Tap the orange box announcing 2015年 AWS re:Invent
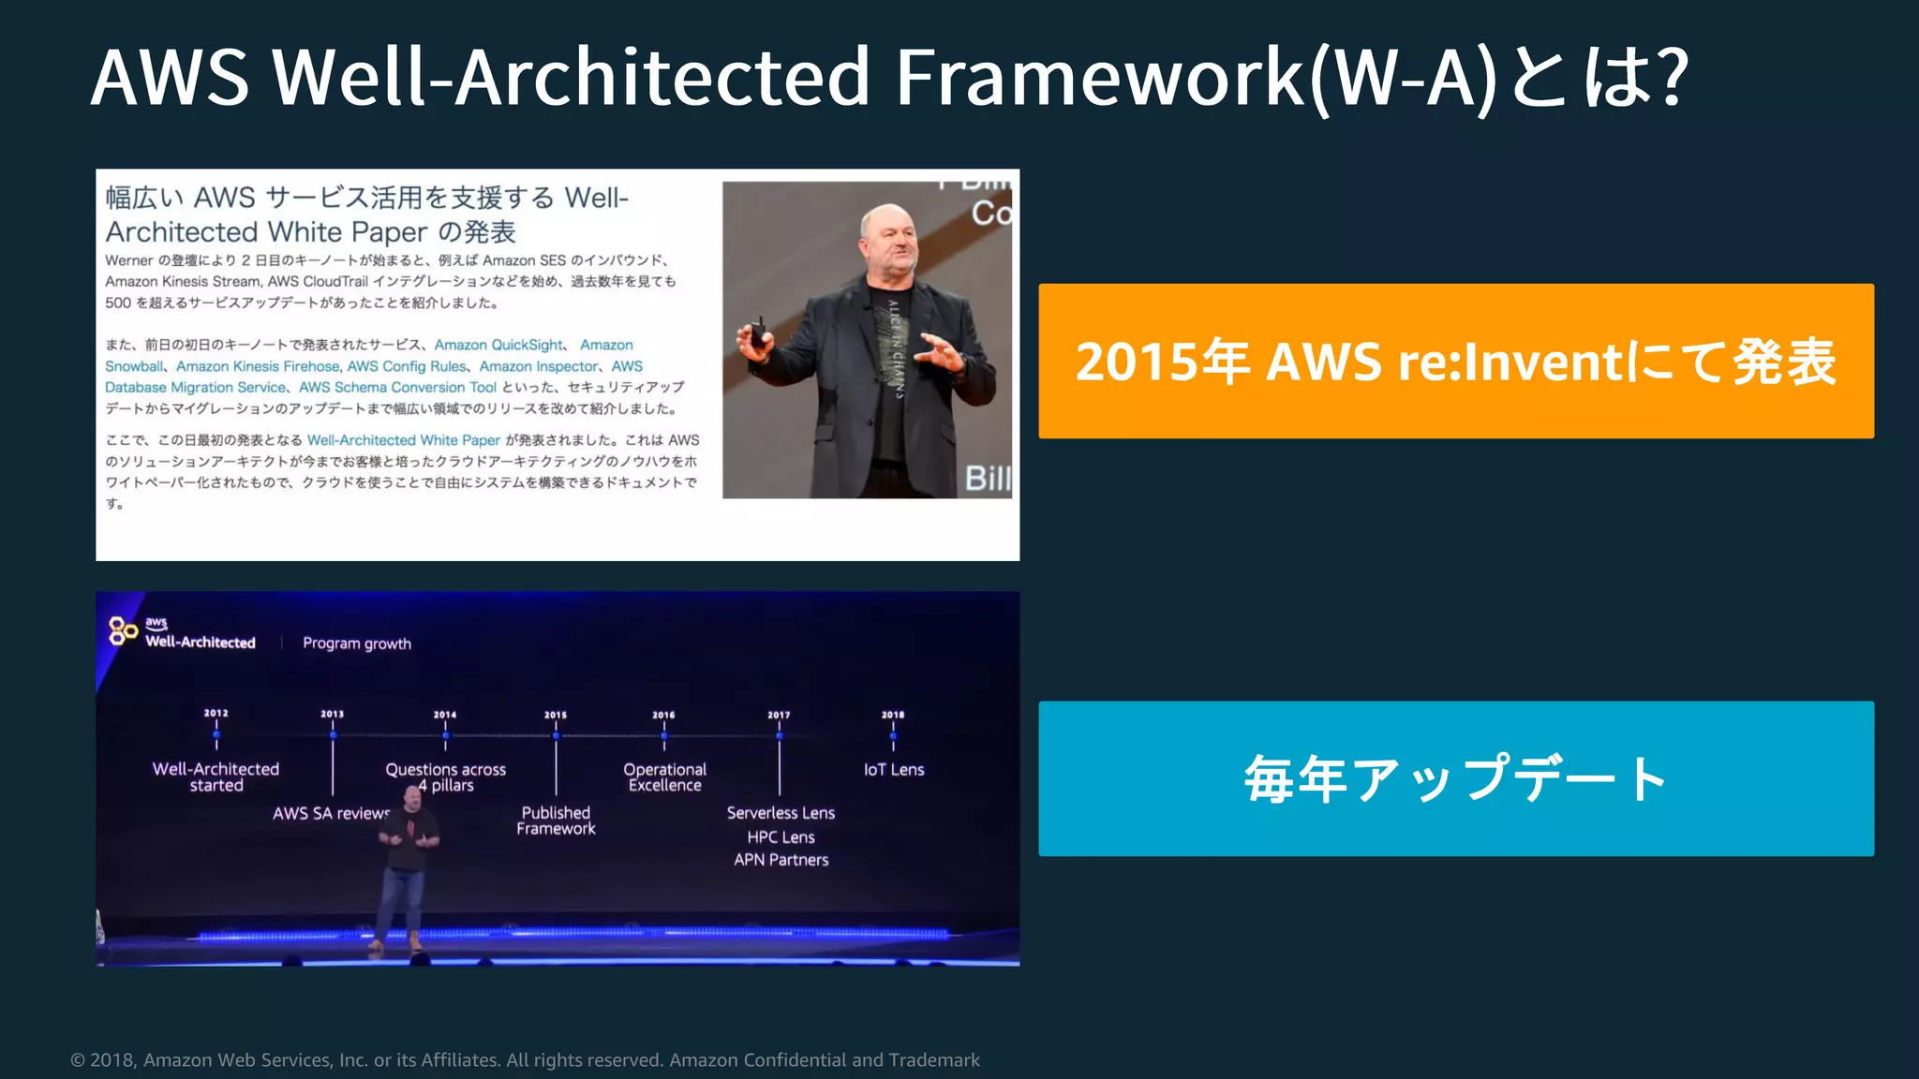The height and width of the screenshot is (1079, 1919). tap(1455, 362)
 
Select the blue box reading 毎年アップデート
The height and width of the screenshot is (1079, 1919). tap(1455, 778)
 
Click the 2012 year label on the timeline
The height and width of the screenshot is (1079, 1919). tap(216, 714)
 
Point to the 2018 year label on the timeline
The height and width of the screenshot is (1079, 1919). tap(893, 715)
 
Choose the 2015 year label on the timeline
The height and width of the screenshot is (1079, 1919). tap(556, 715)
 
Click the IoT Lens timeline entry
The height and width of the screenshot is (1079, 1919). tap(894, 770)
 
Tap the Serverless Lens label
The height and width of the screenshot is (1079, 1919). tap(781, 813)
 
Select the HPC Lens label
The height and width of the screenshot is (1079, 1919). tap(781, 837)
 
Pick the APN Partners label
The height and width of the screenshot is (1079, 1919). tap(781, 860)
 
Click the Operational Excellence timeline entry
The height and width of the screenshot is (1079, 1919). tap(664, 777)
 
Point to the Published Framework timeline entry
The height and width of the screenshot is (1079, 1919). tap(556, 820)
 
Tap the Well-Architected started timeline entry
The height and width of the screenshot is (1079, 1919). tap(216, 777)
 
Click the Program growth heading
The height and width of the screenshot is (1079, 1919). tap(357, 643)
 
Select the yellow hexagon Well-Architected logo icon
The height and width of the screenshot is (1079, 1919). tap(123, 631)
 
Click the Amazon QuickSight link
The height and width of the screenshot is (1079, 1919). tap(498, 346)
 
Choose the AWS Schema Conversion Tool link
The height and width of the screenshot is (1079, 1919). tap(397, 388)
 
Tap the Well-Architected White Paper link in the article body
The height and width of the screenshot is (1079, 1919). tap(404, 440)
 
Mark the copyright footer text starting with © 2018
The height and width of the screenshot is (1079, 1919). tap(525, 1060)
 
